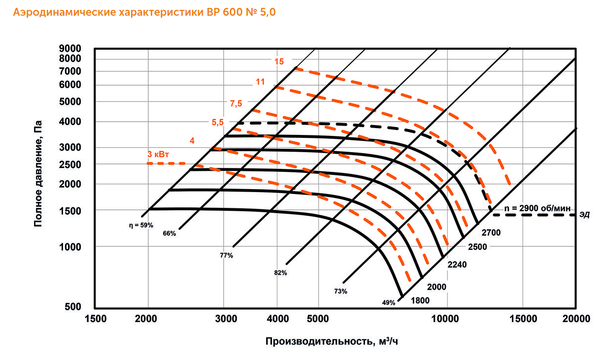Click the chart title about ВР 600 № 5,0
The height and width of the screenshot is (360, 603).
(144, 13)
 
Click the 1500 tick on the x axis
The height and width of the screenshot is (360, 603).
(95, 319)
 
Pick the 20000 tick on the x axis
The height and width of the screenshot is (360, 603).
(576, 319)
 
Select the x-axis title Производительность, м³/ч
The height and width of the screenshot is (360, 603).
(332, 341)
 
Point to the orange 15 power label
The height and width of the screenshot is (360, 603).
(279, 62)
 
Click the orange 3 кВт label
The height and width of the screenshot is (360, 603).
(159, 154)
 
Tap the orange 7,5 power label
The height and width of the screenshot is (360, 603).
(236, 103)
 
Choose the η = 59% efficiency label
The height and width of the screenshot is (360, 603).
(141, 225)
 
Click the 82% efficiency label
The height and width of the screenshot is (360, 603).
(281, 272)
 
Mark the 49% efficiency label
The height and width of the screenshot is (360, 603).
(388, 303)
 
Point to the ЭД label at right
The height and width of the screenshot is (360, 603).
(585, 215)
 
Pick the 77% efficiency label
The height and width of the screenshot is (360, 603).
(227, 255)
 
